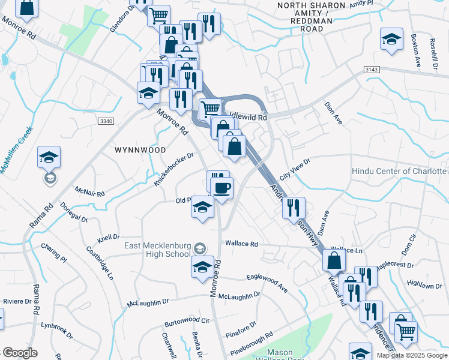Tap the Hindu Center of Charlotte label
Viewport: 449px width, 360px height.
[x=400, y=171]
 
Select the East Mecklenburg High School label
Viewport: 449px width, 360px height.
[x=157, y=250]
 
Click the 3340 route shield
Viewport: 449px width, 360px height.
[x=105, y=121]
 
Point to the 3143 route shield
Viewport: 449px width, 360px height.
[x=372, y=70]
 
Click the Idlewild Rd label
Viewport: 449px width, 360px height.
[x=247, y=118]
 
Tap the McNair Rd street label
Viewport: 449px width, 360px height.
[x=90, y=191]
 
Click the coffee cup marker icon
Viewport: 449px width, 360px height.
[x=222, y=188]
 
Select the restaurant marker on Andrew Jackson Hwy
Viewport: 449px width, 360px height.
[x=294, y=208]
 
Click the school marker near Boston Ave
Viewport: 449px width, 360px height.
[x=391, y=40]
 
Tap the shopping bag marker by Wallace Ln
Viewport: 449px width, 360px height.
[x=334, y=260]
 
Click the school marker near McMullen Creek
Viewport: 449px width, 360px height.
[x=49, y=157]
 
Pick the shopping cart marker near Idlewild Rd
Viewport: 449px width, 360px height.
[x=210, y=110]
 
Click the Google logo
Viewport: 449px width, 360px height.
[x=20, y=353]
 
